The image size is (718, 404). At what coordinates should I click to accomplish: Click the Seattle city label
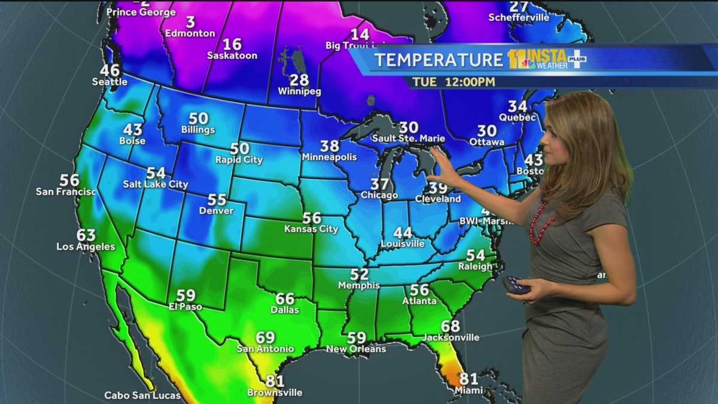(x=109, y=81)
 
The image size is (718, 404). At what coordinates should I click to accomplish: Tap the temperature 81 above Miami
(x=468, y=378)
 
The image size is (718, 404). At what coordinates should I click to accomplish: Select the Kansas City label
(x=311, y=229)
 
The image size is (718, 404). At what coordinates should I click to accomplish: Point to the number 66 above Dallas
(x=285, y=299)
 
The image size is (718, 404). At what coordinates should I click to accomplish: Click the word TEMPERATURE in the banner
(x=439, y=60)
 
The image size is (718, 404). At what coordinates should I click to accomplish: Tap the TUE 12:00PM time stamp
(x=453, y=81)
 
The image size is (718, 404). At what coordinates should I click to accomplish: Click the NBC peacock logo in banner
(x=527, y=62)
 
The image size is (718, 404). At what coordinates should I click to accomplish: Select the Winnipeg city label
(x=299, y=92)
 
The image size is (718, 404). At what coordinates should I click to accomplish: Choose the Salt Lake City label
(x=156, y=184)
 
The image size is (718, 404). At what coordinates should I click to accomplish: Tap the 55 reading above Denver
(x=217, y=200)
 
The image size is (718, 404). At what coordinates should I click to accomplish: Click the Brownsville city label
(x=275, y=393)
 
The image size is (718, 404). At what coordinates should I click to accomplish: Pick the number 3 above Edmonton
(x=190, y=22)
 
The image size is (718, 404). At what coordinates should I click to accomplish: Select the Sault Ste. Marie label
(x=409, y=138)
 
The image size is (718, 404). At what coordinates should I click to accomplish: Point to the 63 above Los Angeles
(x=86, y=235)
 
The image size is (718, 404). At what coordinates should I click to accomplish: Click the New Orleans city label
(x=356, y=348)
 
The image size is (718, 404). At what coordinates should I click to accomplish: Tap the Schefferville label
(x=519, y=17)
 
